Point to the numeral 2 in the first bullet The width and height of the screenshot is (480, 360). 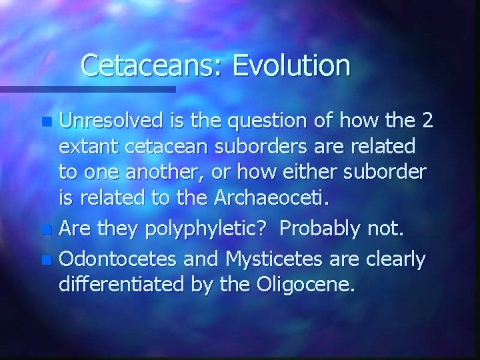point(427,121)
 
